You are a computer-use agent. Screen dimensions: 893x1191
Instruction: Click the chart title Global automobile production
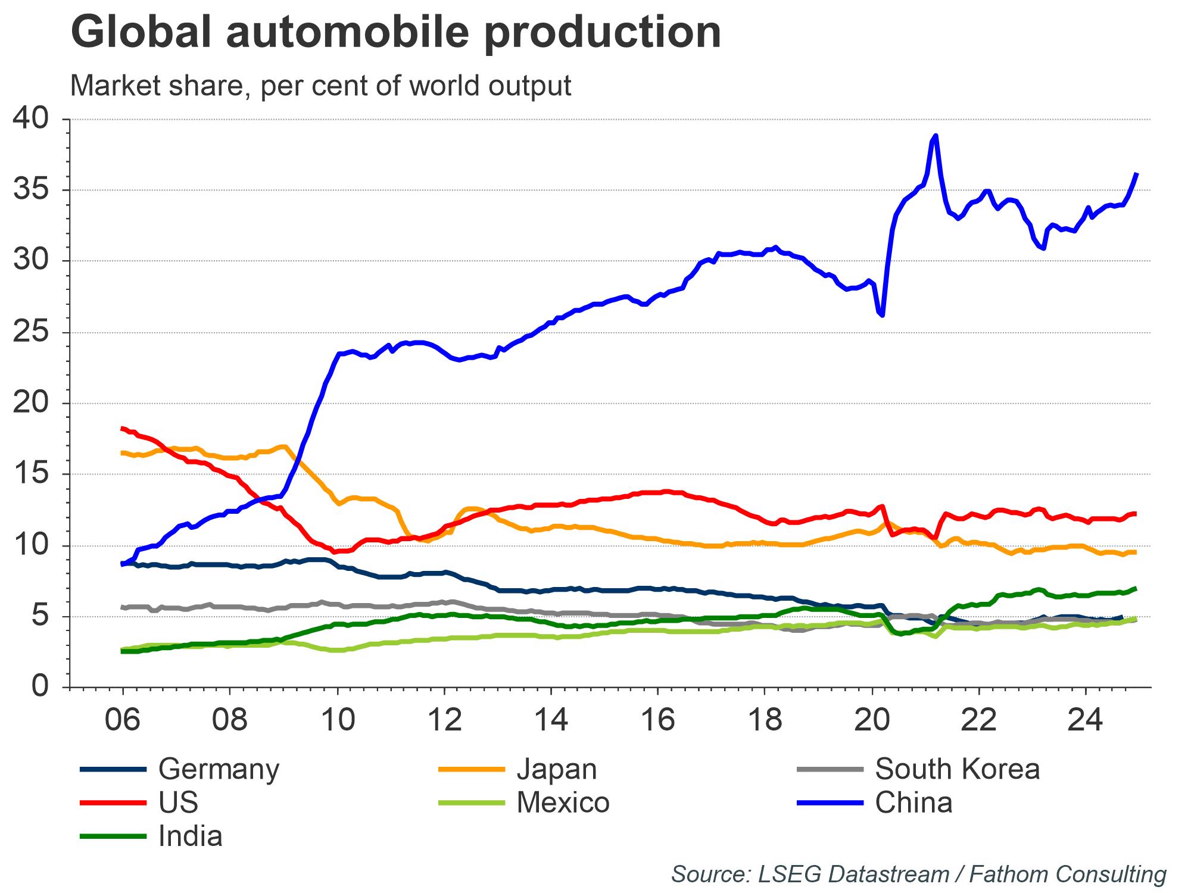(x=395, y=32)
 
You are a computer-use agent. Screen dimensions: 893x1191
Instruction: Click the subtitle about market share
(x=320, y=86)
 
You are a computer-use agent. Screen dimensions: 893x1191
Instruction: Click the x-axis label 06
(x=123, y=720)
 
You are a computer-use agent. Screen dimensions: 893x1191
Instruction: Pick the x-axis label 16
(x=658, y=720)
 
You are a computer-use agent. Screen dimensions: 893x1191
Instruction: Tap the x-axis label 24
(x=1086, y=720)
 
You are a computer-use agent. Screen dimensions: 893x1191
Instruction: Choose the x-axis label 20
(x=872, y=720)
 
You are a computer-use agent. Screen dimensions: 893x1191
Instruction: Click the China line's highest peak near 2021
(x=936, y=136)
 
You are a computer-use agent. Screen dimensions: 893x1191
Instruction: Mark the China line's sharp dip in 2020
(x=882, y=315)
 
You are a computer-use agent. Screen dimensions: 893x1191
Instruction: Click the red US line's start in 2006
(x=123, y=428)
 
